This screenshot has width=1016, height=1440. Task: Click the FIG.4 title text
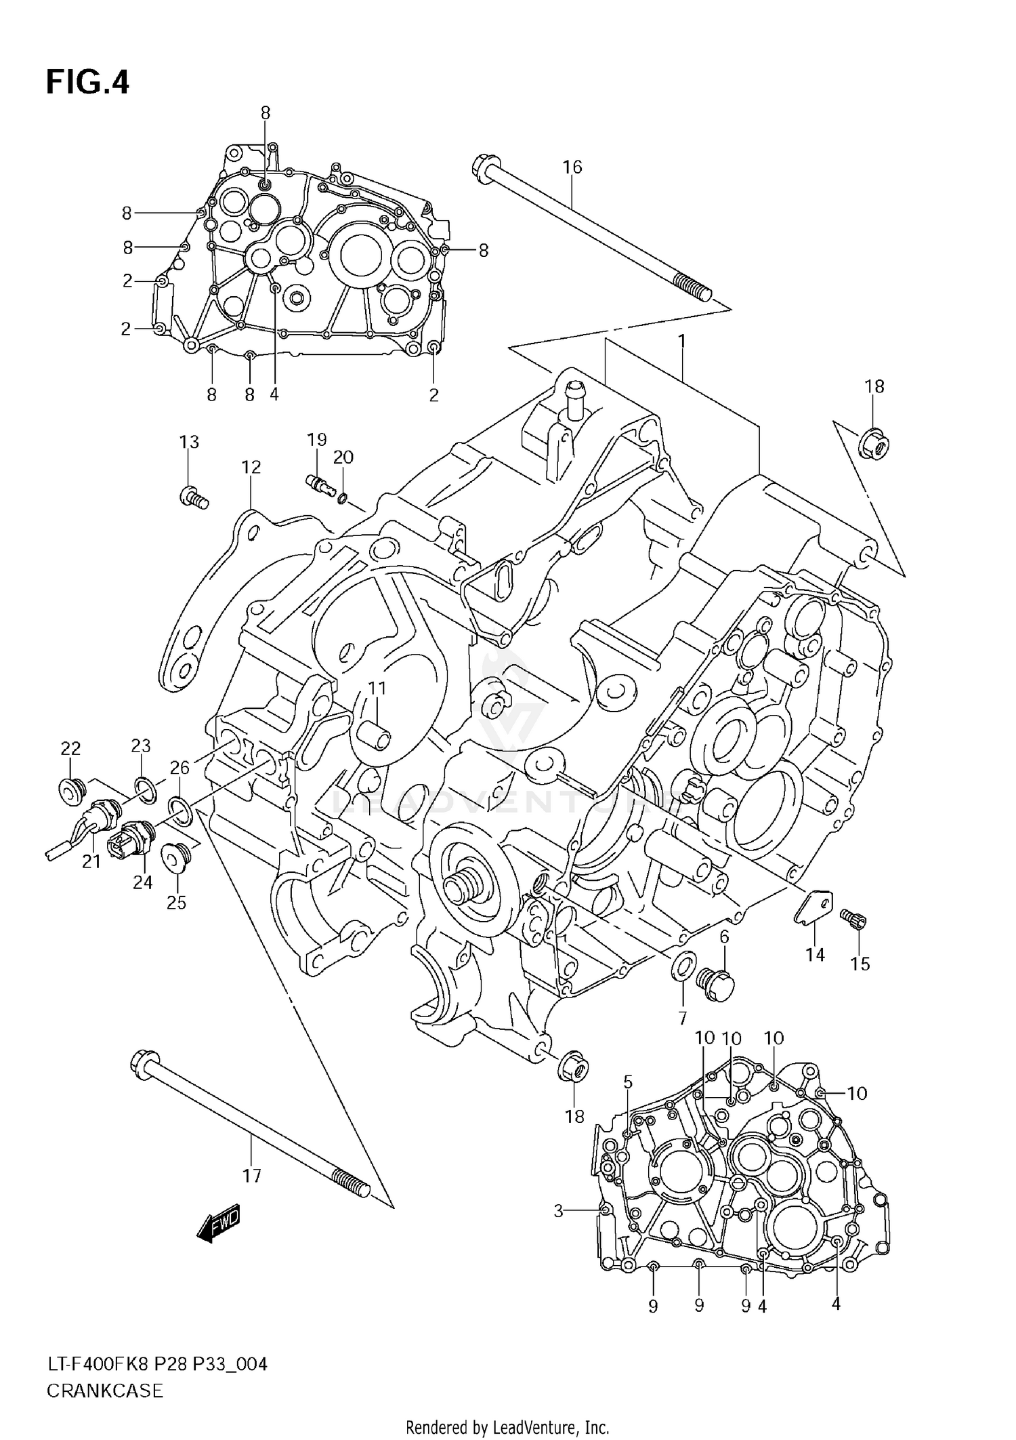pyautogui.click(x=87, y=82)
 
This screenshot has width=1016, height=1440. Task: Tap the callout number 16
pyautogui.click(x=572, y=167)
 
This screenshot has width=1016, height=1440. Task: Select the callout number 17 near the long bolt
pyautogui.click(x=251, y=1176)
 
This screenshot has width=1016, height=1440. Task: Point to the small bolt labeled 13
pyautogui.click(x=194, y=497)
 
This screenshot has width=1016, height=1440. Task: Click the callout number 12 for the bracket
pyautogui.click(x=251, y=467)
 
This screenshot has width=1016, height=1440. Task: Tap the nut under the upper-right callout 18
pyautogui.click(x=874, y=445)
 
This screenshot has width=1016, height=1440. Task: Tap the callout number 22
pyautogui.click(x=70, y=749)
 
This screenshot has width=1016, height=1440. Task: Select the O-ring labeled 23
pyautogui.click(x=143, y=787)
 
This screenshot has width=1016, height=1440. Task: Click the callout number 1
pyautogui.click(x=682, y=342)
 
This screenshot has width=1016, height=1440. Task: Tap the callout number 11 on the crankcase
pyautogui.click(x=377, y=688)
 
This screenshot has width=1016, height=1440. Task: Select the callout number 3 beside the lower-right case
pyautogui.click(x=558, y=1210)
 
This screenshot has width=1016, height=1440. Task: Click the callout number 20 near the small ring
pyautogui.click(x=343, y=457)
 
